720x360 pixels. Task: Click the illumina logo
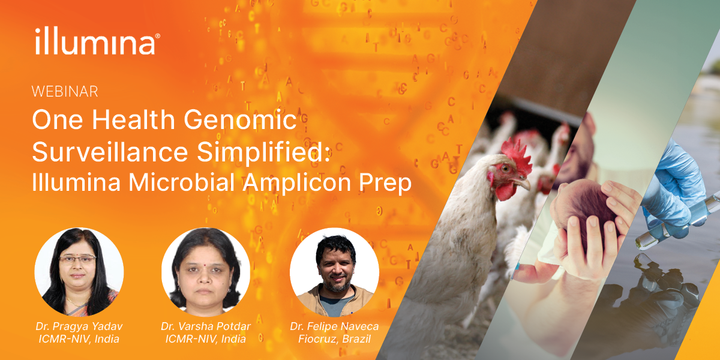coord(97,41)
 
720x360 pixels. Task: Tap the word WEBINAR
coord(65,92)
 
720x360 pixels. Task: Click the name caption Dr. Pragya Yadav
coord(77,326)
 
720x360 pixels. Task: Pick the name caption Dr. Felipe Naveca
coord(334,326)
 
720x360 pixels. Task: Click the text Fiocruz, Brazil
coord(334,339)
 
